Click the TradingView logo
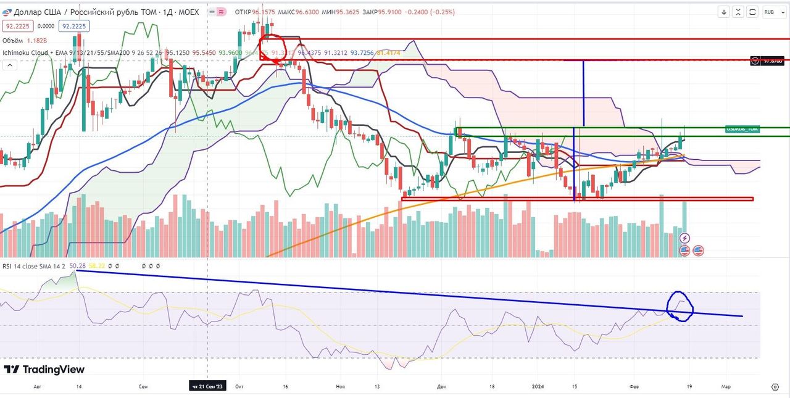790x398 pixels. click(x=44, y=369)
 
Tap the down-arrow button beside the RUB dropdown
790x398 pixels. click(x=724, y=12)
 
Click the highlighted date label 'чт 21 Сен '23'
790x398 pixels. click(x=207, y=386)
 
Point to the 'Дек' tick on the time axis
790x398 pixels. click(x=441, y=386)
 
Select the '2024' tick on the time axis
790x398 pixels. click(x=539, y=386)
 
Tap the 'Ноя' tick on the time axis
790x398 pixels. click(x=340, y=386)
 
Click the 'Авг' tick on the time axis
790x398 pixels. click(x=38, y=386)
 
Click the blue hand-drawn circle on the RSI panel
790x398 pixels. click(x=681, y=305)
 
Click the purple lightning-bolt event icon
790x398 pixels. click(x=684, y=238)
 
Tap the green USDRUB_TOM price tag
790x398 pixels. click(x=742, y=129)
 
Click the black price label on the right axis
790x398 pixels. click(x=768, y=60)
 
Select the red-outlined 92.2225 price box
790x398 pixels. click(x=17, y=26)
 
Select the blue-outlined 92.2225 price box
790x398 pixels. click(x=73, y=26)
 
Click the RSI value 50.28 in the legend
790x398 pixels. click(x=78, y=266)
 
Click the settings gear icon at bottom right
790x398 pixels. click(x=775, y=386)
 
